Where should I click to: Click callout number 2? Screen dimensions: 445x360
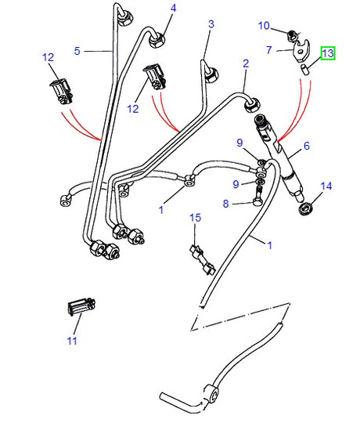245,63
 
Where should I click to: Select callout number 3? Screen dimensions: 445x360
211,24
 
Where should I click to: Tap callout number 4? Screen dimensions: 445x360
173,9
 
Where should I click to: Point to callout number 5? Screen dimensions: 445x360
77,52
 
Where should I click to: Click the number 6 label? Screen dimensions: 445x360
307,146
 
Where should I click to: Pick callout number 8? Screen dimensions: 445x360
225,204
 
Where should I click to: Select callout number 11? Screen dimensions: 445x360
72,341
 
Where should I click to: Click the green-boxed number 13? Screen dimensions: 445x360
328,53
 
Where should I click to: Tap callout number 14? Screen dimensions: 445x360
326,186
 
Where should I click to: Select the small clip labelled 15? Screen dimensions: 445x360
200,258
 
